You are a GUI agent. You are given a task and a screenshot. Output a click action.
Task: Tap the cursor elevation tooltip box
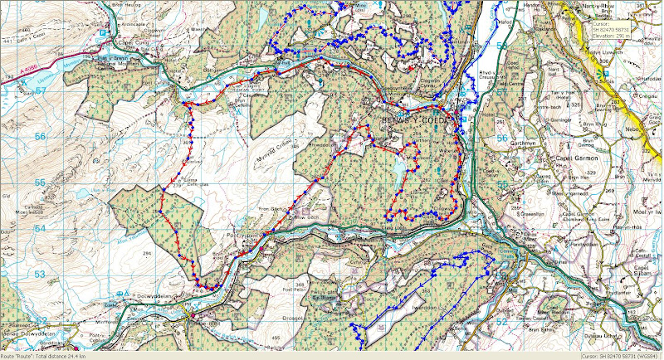(x=618, y=30)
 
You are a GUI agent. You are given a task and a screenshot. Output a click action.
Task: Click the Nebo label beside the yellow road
(x=645, y=129)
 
